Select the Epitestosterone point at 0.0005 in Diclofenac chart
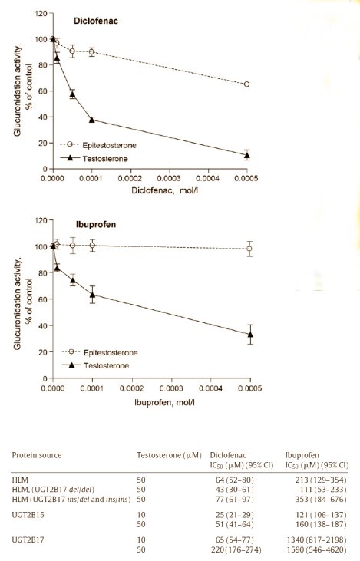click(x=246, y=84)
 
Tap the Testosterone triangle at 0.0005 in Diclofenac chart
click(x=246, y=155)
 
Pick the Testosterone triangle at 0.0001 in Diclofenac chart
click(x=92, y=120)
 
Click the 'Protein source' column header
click(x=36, y=455)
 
